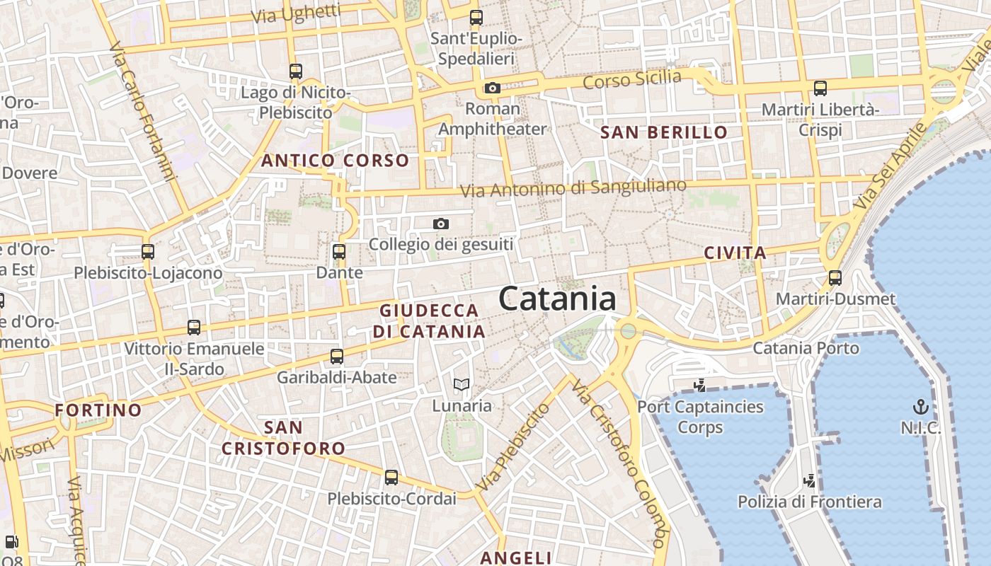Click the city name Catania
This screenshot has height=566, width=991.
[558, 299]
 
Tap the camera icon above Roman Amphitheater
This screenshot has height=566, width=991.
[492, 88]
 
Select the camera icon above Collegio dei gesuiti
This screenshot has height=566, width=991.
[440, 224]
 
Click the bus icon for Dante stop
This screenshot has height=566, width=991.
[339, 251]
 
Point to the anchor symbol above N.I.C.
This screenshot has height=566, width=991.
[920, 407]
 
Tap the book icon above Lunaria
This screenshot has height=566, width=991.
[462, 385]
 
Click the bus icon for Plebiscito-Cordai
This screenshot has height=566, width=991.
[391, 478]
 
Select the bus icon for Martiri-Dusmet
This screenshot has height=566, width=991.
[835, 277]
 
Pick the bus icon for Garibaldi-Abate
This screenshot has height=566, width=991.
[337, 356]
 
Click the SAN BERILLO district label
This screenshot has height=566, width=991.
[664, 132]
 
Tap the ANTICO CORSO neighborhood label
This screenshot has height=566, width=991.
[336, 161]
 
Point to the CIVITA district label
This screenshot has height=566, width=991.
[735, 253]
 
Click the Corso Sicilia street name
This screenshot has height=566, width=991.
[631, 79]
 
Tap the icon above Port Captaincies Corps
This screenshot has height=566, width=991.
[700, 386]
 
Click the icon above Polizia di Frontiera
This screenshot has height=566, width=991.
[809, 481]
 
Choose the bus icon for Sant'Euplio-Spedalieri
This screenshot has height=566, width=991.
[476, 18]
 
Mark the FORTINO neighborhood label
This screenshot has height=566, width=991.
[98, 410]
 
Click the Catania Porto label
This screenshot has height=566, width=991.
[806, 348]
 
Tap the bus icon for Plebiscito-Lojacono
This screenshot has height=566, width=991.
[148, 251]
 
